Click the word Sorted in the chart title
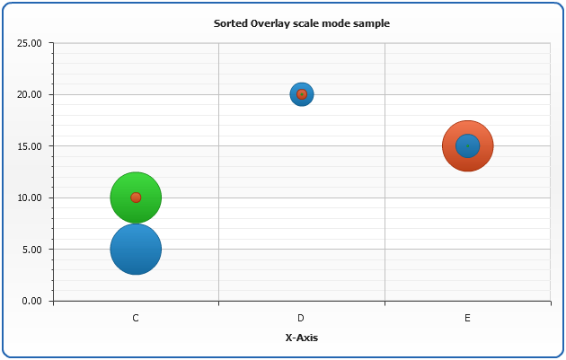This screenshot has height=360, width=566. coord(230,23)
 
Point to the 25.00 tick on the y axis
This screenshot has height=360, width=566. coord(30,43)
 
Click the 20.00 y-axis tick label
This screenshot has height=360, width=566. coord(30,94)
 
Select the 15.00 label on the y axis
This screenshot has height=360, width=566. coord(30,146)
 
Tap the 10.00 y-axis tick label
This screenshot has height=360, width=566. coord(30,198)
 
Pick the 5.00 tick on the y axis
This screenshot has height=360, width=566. coord(32,250)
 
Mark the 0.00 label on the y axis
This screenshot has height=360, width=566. coord(32,301)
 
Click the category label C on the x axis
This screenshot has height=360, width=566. coord(136,318)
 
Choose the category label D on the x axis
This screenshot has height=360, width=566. coord(302,318)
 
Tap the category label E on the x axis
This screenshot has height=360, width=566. coord(467,318)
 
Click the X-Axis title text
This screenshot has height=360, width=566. coord(301,338)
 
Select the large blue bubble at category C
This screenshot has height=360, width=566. coord(136,255)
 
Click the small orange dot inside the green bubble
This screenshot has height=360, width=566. coord(136,198)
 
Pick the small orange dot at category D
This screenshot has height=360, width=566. coord(302,94)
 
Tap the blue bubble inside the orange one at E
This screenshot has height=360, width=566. coord(467,145)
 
